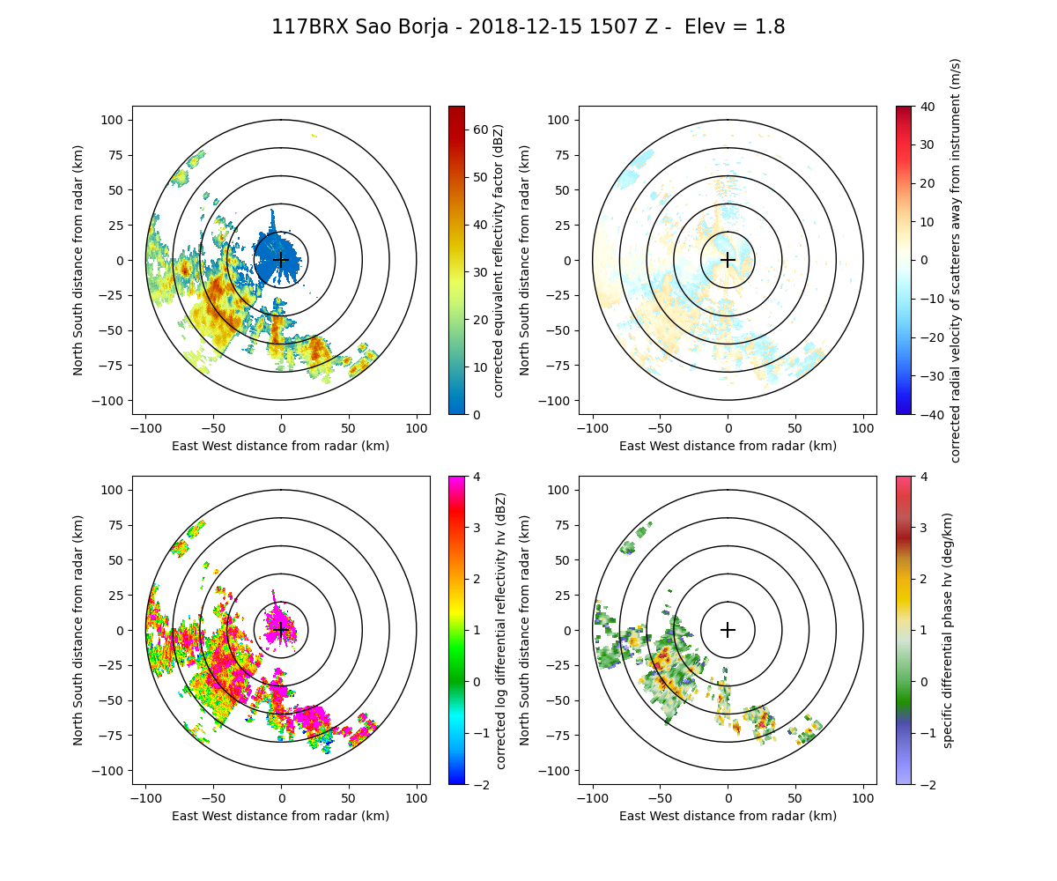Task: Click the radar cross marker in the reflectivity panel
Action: coord(281,260)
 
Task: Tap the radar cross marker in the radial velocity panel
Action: coord(728,260)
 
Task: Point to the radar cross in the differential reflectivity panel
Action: coord(281,630)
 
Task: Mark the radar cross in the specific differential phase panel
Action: coord(728,630)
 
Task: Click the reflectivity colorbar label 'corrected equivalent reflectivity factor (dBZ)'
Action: coord(499,260)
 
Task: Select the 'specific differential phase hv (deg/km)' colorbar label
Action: coord(948,630)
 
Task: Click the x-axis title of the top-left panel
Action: coord(281,446)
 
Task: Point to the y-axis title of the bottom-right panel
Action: coord(526,630)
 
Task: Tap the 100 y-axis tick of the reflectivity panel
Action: coord(115,120)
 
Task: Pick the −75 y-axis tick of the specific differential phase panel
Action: coord(559,736)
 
